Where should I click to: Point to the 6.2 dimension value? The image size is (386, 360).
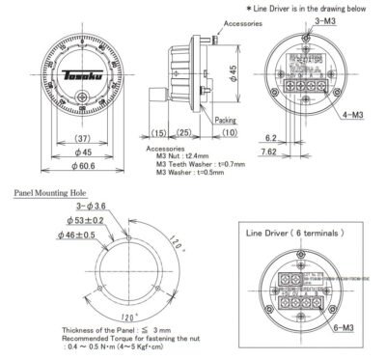(x=274, y=138)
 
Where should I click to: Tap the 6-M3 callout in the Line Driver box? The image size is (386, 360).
(x=353, y=329)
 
